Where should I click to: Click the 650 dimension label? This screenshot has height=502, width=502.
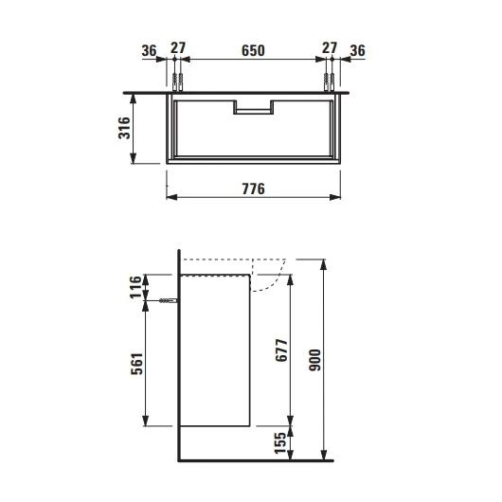[253, 50]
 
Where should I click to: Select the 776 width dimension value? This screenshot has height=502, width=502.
[253, 188]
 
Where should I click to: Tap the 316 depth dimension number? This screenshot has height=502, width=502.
[125, 128]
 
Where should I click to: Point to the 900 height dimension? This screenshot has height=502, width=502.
[315, 360]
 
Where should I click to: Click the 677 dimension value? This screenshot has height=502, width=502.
[281, 350]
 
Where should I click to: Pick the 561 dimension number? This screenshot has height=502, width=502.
[136, 364]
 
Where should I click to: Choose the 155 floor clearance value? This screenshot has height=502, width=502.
[280, 443]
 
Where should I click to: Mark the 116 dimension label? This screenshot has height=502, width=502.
[135, 287]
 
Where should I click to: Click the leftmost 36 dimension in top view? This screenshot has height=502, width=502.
[150, 50]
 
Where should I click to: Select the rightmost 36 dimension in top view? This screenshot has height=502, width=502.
[358, 50]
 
